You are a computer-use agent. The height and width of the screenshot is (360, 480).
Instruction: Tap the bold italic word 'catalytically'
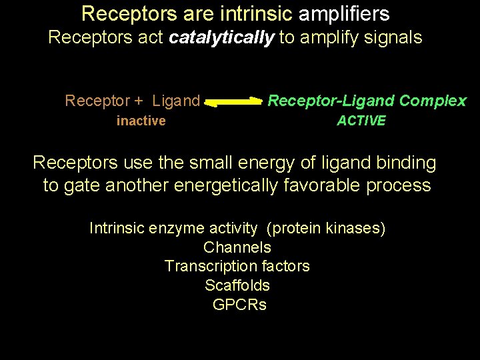221,37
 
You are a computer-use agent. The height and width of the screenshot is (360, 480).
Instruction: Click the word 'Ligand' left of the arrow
176,101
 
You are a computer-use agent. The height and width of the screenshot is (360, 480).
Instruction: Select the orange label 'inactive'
141,121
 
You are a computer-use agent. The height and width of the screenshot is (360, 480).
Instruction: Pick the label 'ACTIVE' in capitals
361,121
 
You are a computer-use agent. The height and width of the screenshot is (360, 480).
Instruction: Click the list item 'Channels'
237,247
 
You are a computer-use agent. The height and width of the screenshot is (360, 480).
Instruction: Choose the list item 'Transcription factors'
237,266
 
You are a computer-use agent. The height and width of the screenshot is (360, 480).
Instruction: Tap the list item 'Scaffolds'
237,285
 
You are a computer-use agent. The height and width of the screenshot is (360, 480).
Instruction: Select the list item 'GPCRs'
239,305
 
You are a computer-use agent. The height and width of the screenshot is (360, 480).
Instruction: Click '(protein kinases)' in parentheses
326,228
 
